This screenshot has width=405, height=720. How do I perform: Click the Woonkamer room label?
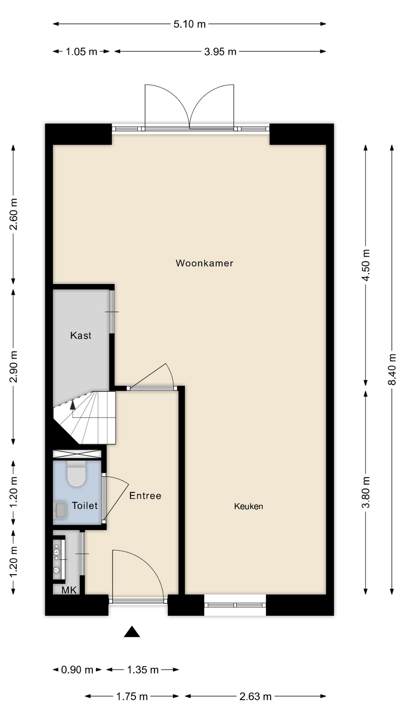(x=204, y=263)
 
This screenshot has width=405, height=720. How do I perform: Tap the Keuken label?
(x=249, y=506)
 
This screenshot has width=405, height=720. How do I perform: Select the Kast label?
(x=81, y=335)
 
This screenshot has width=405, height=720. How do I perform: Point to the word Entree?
(x=145, y=496)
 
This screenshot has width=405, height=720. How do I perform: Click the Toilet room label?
(x=85, y=505)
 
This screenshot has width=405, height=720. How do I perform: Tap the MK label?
(x=69, y=590)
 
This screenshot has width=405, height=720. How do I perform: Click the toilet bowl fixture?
(x=76, y=474)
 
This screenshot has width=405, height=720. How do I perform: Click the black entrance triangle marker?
(x=132, y=632)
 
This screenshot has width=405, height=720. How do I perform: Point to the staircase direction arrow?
(x=72, y=404)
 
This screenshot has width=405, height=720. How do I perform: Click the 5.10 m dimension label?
(x=189, y=24)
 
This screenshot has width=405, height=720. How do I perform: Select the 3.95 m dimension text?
(x=220, y=51)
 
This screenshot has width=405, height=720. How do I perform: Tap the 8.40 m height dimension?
(x=392, y=369)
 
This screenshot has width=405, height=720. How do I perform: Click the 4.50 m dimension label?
(x=366, y=265)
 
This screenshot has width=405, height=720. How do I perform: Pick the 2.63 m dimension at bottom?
(x=255, y=696)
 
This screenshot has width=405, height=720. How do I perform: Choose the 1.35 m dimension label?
(x=143, y=669)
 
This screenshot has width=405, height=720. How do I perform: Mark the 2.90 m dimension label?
(x=13, y=366)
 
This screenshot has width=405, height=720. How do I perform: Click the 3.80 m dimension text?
(x=366, y=492)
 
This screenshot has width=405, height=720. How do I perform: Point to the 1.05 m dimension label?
(x=81, y=51)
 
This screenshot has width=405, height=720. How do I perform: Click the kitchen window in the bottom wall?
(x=235, y=605)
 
